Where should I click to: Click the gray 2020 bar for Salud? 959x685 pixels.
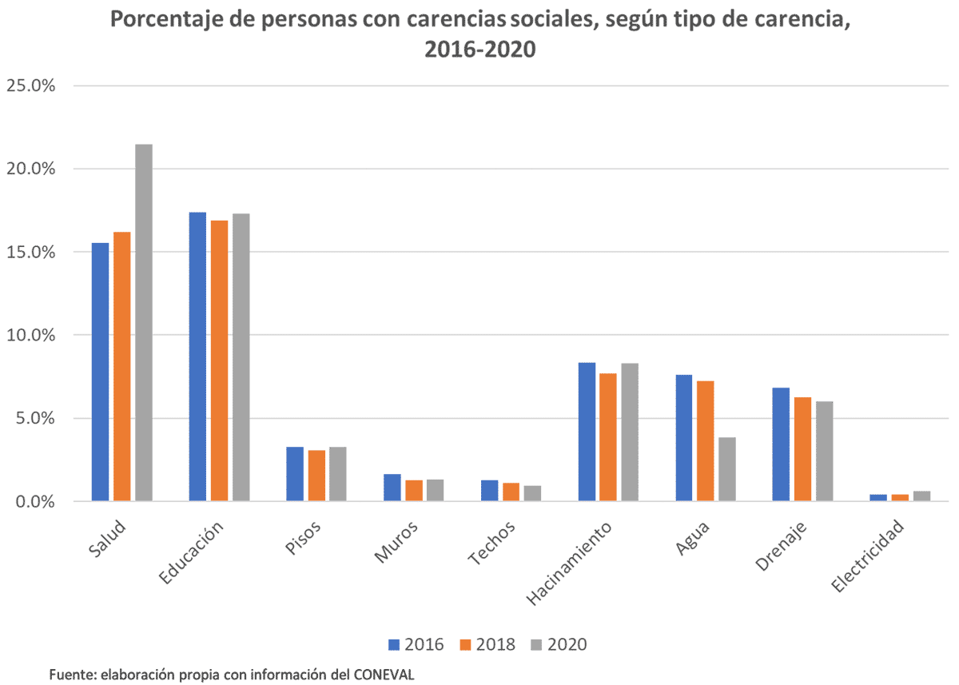click(x=144, y=323)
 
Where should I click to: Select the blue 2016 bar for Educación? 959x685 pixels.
click(x=197, y=356)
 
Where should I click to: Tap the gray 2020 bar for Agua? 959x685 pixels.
click(x=726, y=469)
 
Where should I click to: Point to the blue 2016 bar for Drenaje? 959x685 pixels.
click(x=781, y=444)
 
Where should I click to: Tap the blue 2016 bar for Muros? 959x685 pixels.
click(x=392, y=488)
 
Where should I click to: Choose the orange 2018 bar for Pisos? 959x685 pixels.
click(x=316, y=476)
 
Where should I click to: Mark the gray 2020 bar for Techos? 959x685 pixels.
click(x=532, y=493)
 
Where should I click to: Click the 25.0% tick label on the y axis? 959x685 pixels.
click(x=31, y=86)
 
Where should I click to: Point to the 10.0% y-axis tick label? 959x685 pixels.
click(x=31, y=335)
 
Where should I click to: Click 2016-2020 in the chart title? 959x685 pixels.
click(x=479, y=50)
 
